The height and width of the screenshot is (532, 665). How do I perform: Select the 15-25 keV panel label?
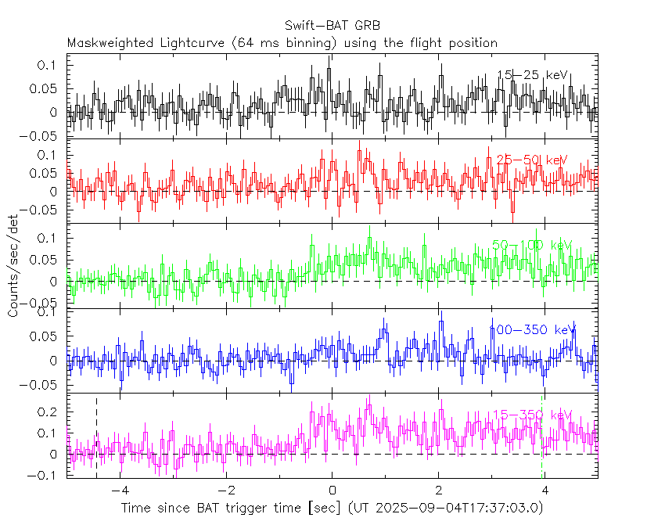pos(532,75)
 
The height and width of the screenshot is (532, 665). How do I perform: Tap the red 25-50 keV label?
pos(531,160)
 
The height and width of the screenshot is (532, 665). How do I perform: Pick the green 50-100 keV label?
pos(532,245)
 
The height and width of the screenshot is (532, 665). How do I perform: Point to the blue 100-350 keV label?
pos(532,329)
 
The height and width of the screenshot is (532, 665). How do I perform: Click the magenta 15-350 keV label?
pos(532,415)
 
